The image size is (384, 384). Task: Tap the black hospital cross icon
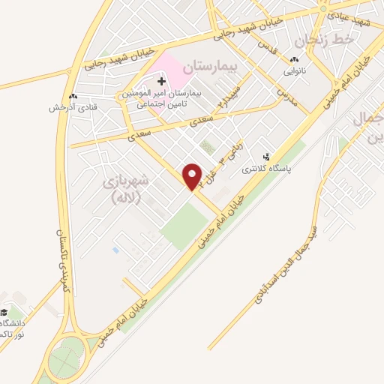pos(161,80)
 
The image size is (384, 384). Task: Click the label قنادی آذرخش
pos(69,108)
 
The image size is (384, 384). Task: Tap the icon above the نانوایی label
pos(294,60)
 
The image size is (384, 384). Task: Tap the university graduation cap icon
pos(4,313)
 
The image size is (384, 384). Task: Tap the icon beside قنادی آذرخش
pos(72,96)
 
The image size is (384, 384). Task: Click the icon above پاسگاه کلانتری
pos(267,157)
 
